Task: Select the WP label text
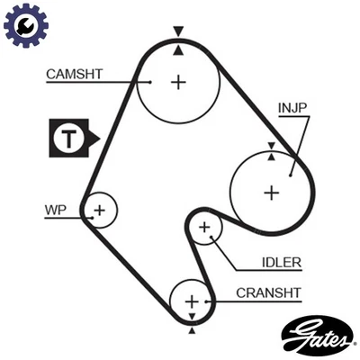[55, 211]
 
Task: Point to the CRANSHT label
[268, 292]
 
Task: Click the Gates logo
[317, 335]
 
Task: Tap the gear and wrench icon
[25, 26]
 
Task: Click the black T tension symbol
[71, 139]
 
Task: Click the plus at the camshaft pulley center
[178, 82]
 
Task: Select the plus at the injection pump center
[271, 192]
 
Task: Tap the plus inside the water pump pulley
[100, 211]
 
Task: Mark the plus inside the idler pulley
[204, 228]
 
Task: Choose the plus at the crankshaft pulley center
[191, 301]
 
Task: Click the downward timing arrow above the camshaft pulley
[178, 31]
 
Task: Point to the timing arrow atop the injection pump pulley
[271, 145]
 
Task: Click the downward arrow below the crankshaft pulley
[191, 329]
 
